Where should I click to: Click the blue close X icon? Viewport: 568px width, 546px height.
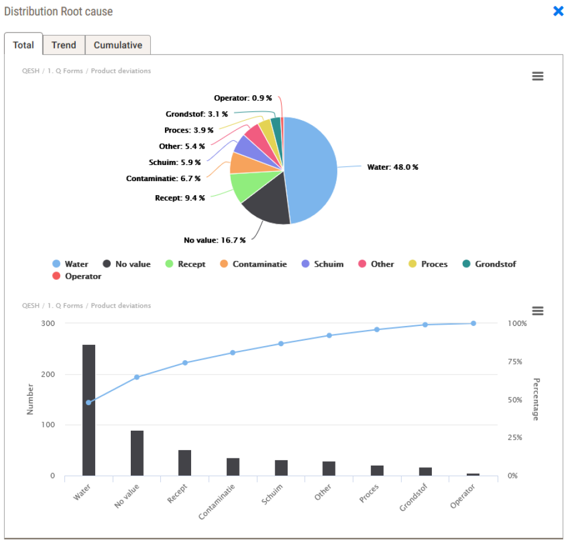pos(558,11)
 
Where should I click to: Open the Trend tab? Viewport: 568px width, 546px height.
pos(64,45)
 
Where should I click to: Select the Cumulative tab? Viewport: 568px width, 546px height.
pos(118,45)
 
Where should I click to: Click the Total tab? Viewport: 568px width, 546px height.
pos(24,45)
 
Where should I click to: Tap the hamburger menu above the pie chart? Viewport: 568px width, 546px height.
pos(537,76)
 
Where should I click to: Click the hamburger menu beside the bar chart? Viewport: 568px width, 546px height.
pos(537,311)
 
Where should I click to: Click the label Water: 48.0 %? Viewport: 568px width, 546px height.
pos(392,167)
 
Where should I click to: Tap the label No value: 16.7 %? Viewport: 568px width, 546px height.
pos(215,240)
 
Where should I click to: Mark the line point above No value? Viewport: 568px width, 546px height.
pos(137,377)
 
